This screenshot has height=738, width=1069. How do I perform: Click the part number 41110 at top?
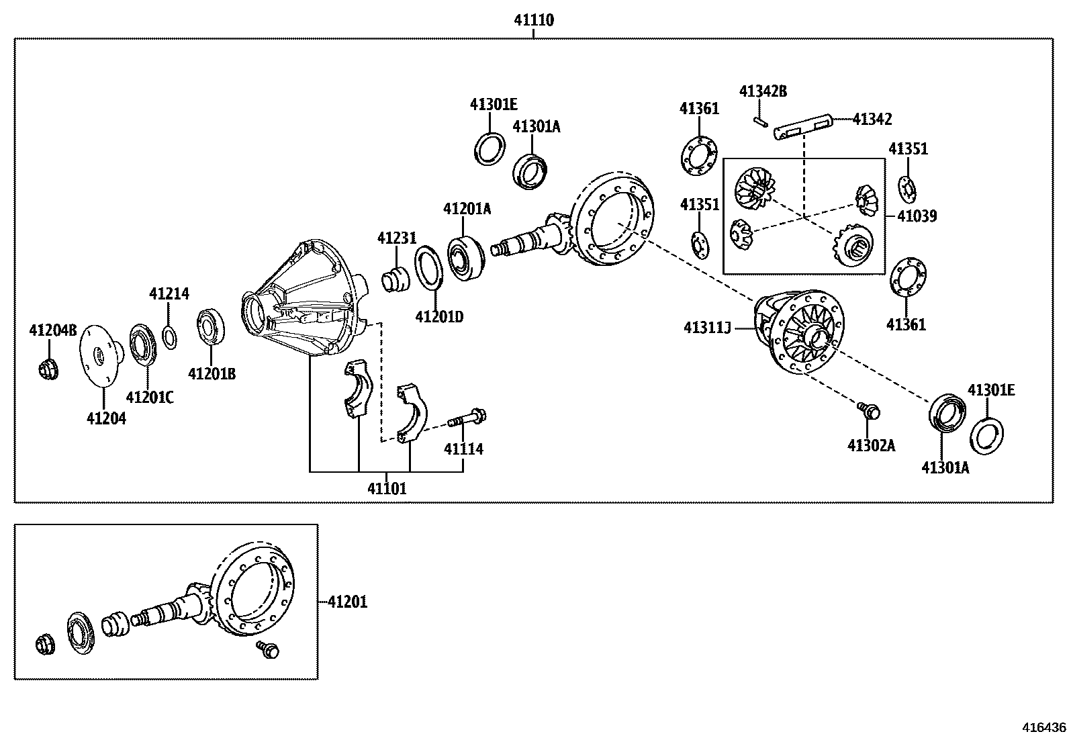(534, 20)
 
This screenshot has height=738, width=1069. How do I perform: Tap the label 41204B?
(53, 330)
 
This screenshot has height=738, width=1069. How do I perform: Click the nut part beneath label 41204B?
(48, 369)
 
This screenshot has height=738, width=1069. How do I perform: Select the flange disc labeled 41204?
(99, 356)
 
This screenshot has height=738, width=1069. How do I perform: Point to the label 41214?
(169, 293)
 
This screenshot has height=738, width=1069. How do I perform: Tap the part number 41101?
(387, 488)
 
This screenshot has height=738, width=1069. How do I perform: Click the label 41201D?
(439, 316)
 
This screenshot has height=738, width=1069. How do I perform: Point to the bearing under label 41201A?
(465, 257)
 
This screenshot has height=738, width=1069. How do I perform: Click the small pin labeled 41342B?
(760, 122)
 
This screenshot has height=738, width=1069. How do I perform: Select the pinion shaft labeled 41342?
(803, 128)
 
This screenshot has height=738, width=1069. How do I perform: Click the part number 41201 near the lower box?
(347, 602)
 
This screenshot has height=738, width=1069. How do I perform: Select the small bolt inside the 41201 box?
(268, 649)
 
